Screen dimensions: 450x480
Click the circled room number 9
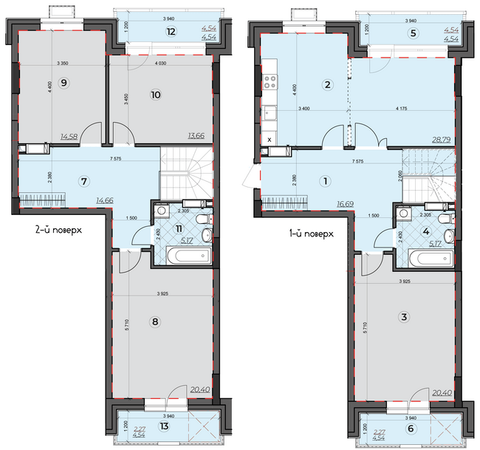[x=64, y=83]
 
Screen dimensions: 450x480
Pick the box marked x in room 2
[x=270, y=139]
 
